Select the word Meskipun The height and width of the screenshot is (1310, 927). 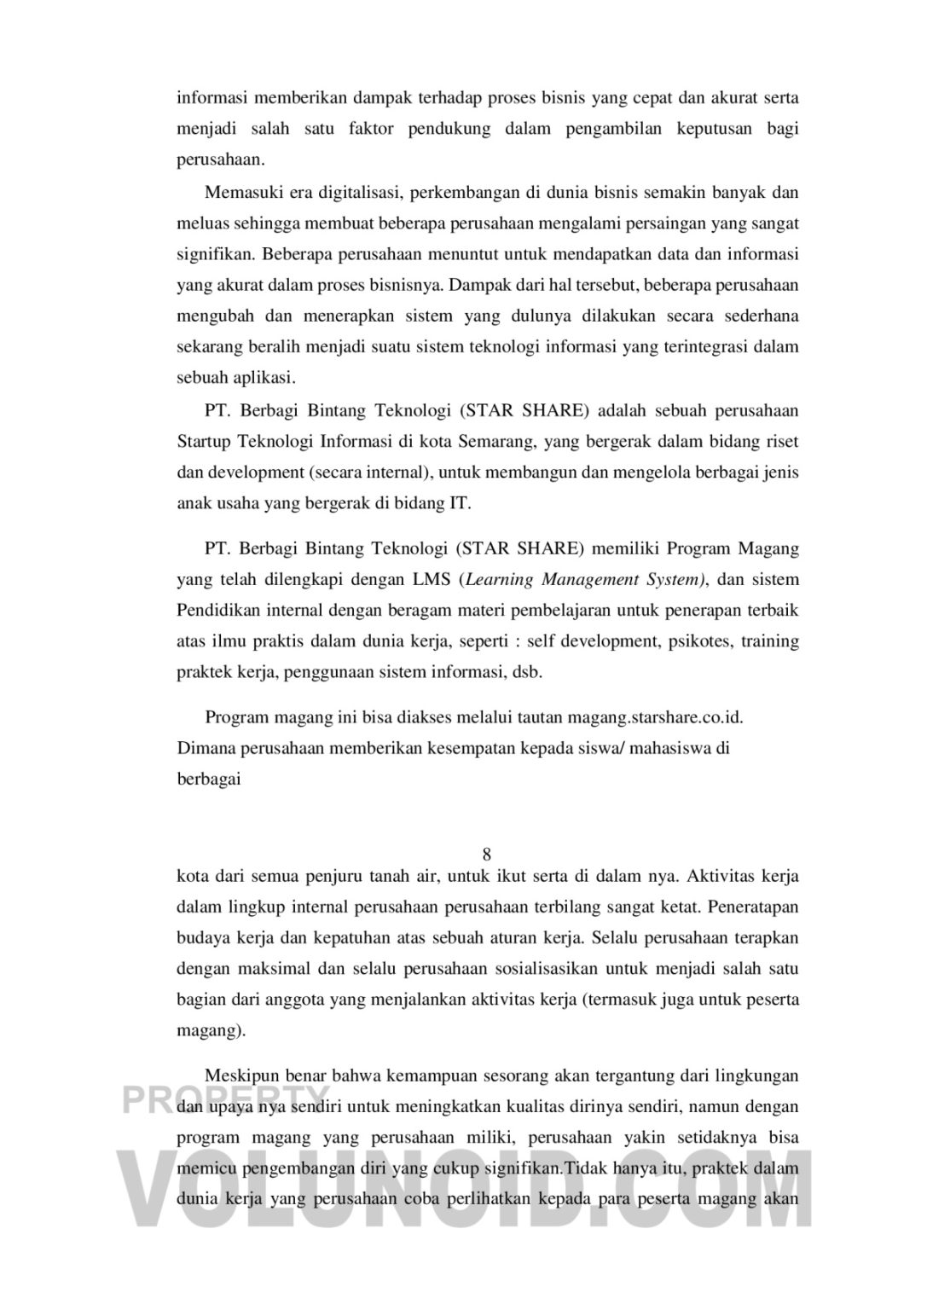click(241, 1076)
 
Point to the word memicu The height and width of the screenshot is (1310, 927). click(206, 1168)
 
